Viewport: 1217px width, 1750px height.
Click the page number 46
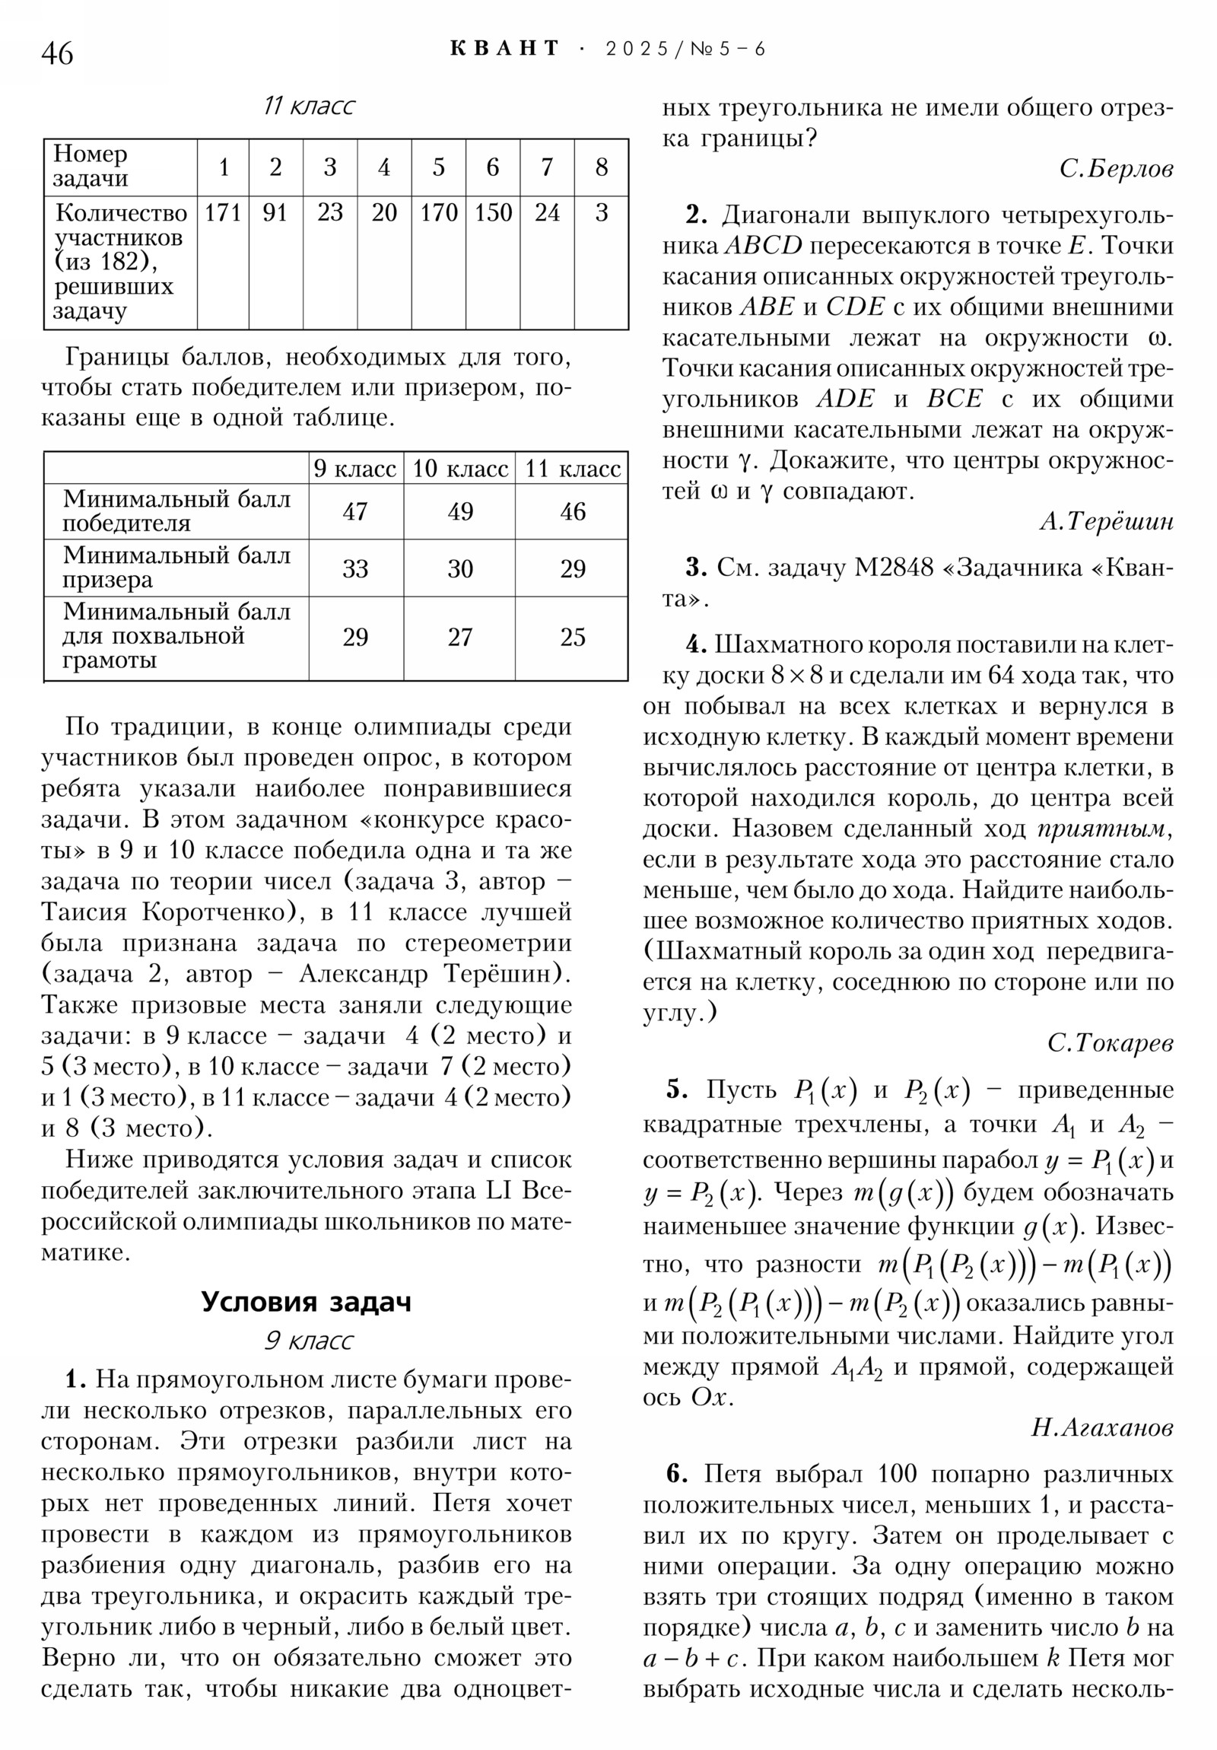[x=57, y=54]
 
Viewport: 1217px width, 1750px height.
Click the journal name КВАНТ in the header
[x=504, y=49]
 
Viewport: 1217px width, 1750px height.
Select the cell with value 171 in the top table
[x=223, y=212]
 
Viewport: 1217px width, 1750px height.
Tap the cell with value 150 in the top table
[x=492, y=212]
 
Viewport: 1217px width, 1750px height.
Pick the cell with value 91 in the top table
[x=275, y=212]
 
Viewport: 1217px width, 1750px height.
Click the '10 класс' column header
[x=459, y=469]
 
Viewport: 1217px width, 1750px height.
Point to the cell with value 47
[x=355, y=511]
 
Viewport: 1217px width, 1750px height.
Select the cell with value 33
[x=355, y=568]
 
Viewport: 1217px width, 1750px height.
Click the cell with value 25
[x=572, y=637]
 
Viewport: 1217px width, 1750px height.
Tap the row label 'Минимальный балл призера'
[x=176, y=568]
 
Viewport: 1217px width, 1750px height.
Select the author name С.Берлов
[x=1116, y=169]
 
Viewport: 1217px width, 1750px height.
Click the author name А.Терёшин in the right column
[x=1106, y=522]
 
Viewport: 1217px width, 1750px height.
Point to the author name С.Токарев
[x=1110, y=1043]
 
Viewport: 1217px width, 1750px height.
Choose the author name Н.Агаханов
[x=1101, y=1427]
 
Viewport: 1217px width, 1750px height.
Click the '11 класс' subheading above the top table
[x=309, y=106]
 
